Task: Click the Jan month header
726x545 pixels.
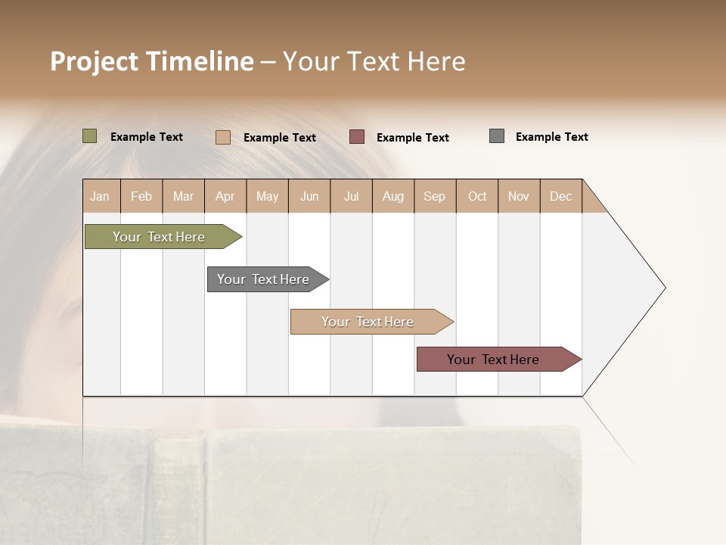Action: [x=100, y=196]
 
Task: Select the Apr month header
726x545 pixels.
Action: [x=225, y=196]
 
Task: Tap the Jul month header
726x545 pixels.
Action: [x=351, y=196]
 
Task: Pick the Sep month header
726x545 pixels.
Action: [x=434, y=196]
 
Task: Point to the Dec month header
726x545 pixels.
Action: [x=560, y=196]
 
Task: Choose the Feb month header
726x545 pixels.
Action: [x=141, y=196]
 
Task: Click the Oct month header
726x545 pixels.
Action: [x=477, y=196]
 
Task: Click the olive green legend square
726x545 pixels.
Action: [x=90, y=136]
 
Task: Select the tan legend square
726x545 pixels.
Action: [x=223, y=137]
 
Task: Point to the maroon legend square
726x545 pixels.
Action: [x=357, y=137]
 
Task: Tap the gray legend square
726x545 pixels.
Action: [x=497, y=136]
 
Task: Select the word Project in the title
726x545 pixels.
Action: [x=94, y=61]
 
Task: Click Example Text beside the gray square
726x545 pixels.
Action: [x=551, y=137]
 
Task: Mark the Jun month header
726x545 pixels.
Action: [x=309, y=196]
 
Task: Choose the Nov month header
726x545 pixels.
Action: [x=519, y=196]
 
